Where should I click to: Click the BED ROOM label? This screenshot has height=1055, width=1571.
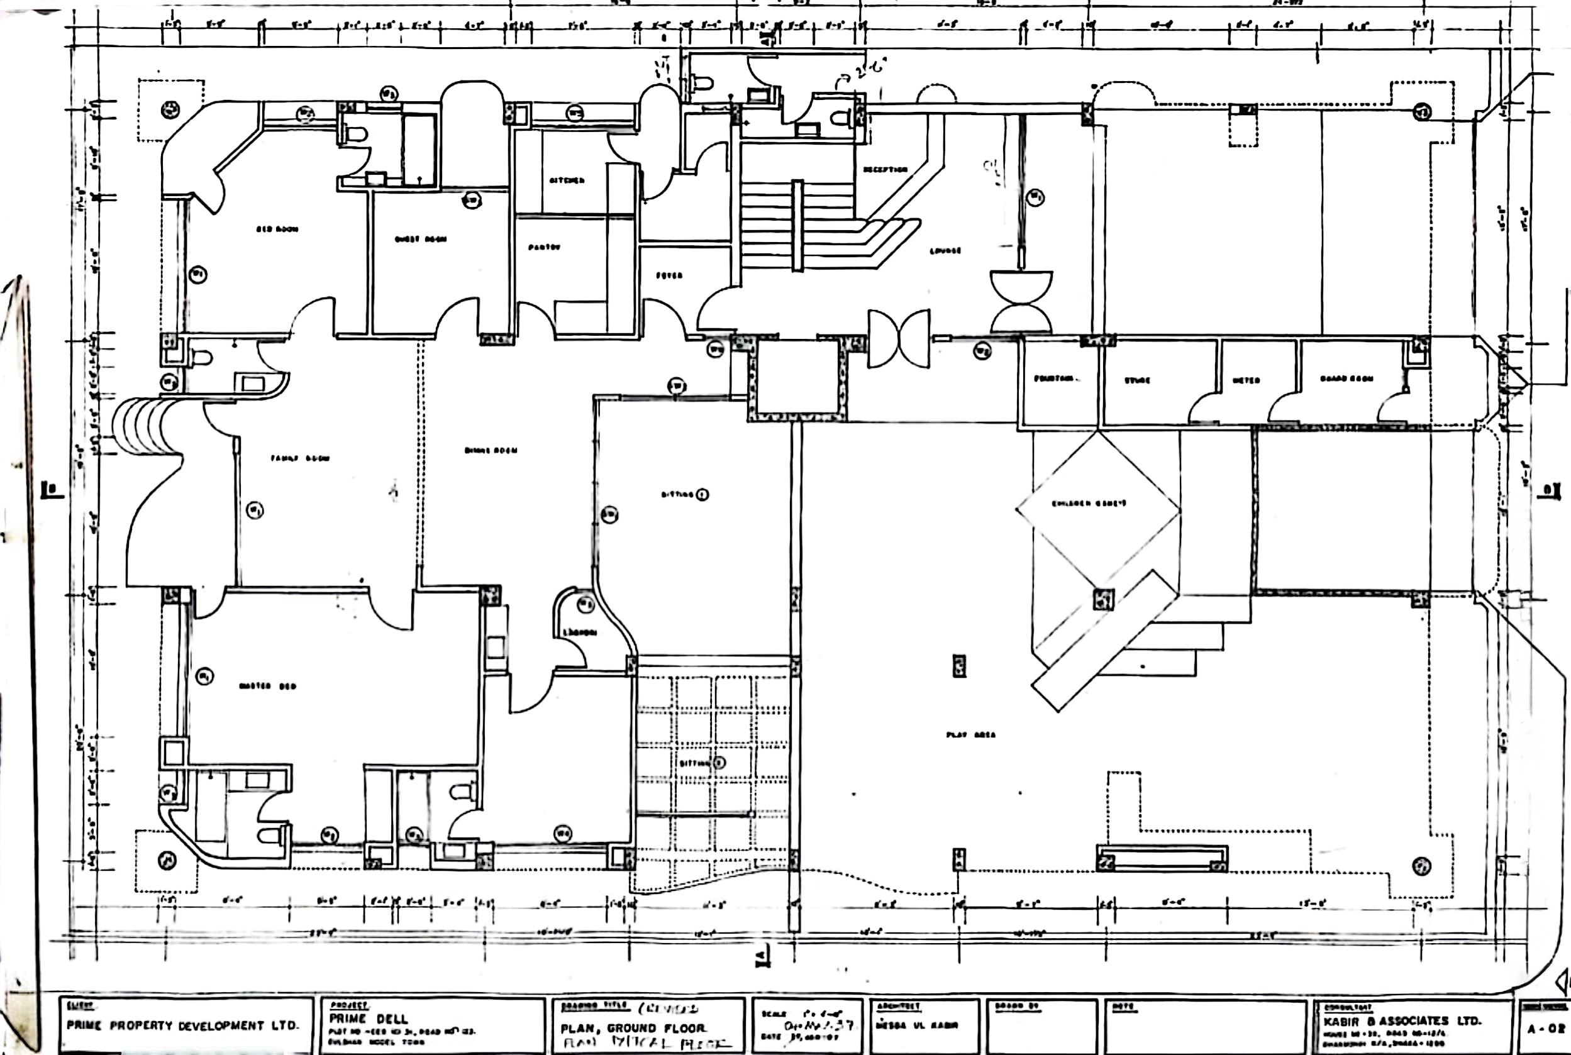pyautogui.click(x=277, y=229)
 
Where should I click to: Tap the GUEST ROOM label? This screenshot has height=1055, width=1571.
pyautogui.click(x=421, y=239)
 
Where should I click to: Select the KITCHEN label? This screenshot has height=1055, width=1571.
pyautogui.click(x=567, y=180)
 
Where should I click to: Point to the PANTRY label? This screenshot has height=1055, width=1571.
pyautogui.click(x=545, y=248)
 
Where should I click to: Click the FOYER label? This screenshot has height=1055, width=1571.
pyautogui.click(x=669, y=275)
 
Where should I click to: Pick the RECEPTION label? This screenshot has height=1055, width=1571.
pyautogui.click(x=885, y=170)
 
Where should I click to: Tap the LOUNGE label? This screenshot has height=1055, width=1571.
pyautogui.click(x=945, y=251)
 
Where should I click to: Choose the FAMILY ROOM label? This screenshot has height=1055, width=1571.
pyautogui.click(x=300, y=458)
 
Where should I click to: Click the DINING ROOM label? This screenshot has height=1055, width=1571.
pyautogui.click(x=491, y=450)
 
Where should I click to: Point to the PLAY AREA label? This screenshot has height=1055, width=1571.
pyautogui.click(x=970, y=736)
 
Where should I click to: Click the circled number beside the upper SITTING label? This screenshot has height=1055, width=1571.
pyautogui.click(x=702, y=495)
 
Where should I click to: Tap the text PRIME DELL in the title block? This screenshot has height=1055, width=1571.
pyautogui.click(x=368, y=1019)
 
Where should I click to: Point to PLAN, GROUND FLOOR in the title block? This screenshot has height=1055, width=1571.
pyautogui.click(x=633, y=1028)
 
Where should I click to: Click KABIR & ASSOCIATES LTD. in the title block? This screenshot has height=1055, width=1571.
pyautogui.click(x=1402, y=1020)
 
